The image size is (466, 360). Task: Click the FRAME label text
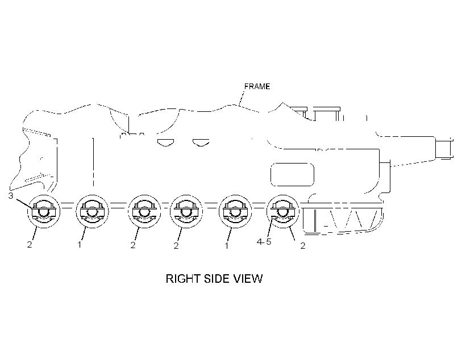(x=257, y=86)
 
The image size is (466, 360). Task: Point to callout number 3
(x=11, y=196)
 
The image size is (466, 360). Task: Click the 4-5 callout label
(x=264, y=242)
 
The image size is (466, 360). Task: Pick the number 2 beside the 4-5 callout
(x=302, y=246)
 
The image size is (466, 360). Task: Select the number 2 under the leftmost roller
(x=30, y=245)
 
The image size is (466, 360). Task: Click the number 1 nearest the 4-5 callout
(x=227, y=246)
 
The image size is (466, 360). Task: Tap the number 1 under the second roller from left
(x=80, y=245)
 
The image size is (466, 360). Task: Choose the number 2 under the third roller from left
(x=133, y=245)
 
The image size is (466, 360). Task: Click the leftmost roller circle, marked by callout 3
(x=44, y=211)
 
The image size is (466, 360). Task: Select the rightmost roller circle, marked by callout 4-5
(x=283, y=211)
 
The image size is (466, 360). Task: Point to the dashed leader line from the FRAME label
(x=242, y=98)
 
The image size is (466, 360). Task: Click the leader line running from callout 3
(x=23, y=203)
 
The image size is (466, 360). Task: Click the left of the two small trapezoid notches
(x=166, y=143)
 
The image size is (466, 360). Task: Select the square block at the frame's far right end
(x=444, y=149)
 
